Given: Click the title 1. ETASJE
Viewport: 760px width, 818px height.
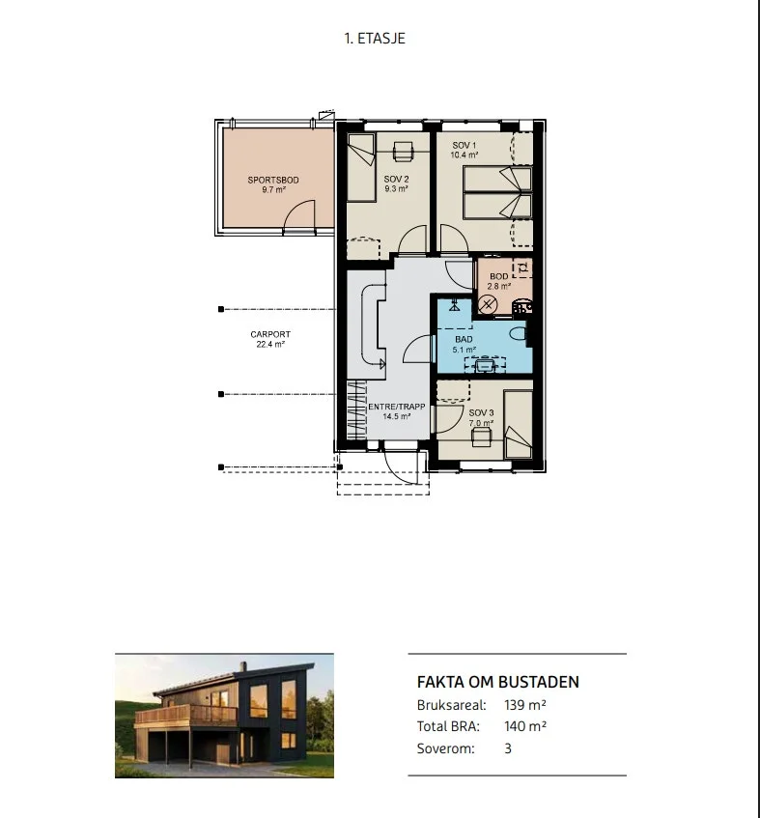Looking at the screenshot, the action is pos(375,39).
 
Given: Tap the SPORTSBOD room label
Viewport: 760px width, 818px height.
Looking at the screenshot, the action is pos(273,180).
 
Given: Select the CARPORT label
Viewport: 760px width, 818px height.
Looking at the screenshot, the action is pos(270,334).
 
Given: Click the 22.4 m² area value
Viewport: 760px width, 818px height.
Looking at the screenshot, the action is pos(270,345).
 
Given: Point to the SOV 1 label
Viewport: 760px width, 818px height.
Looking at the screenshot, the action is pos(464,146).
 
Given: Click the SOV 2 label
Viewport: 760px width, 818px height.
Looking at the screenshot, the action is pos(397,180).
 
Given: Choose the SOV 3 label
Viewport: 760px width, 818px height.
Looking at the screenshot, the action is pos(481,412).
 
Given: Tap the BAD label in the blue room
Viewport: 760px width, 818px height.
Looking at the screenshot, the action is pos(464,340).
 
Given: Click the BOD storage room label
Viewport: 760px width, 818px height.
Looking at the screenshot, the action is pos(499,276).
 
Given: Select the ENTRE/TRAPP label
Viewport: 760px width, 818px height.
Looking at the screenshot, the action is pos(397,407).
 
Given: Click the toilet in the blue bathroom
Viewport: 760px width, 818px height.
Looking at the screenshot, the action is pos(519,333).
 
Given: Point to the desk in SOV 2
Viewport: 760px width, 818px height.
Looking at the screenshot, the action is pos(402,152).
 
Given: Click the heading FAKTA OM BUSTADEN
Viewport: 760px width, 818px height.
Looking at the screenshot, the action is pos(497,683).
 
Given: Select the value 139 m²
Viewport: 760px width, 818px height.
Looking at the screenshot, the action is pos(525,705).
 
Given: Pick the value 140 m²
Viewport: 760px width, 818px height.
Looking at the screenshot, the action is pos(525,726).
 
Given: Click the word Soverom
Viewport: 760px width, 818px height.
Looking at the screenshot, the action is pos(446,748).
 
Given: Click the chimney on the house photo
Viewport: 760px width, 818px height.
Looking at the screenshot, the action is pos(242,666).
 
